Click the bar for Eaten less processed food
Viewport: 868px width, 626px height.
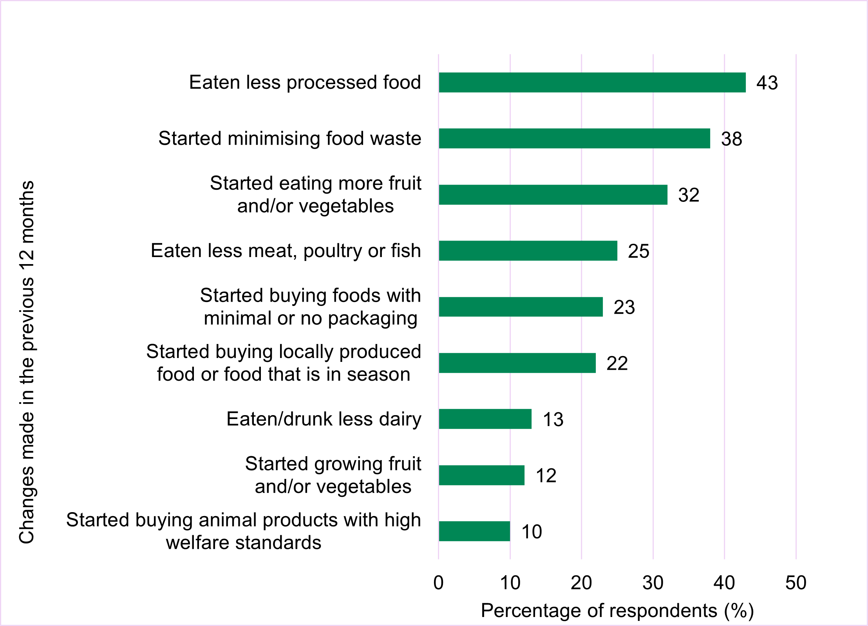click(592, 83)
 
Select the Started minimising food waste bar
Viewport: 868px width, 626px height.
click(574, 139)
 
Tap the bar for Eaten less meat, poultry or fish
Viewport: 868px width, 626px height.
click(528, 251)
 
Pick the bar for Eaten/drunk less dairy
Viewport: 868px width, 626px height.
click(485, 419)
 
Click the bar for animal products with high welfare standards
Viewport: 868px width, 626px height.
click(474, 531)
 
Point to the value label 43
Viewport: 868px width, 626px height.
click(767, 83)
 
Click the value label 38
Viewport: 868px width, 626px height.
click(731, 139)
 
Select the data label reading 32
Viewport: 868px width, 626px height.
click(689, 195)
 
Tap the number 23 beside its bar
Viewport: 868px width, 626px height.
click(624, 308)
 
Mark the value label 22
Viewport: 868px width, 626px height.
click(617, 363)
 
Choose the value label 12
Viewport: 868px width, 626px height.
click(546, 476)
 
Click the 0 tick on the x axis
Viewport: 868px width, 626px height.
click(438, 583)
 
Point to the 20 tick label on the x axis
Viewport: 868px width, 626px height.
click(581, 583)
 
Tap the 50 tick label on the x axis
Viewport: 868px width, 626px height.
click(796, 583)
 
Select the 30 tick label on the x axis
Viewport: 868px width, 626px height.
click(653, 583)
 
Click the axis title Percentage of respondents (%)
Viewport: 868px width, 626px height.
click(617, 611)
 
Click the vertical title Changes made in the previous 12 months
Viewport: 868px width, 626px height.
click(27, 362)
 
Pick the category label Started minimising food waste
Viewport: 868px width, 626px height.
click(289, 139)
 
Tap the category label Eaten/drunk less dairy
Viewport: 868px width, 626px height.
click(324, 419)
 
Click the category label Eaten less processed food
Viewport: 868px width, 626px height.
click(305, 83)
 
